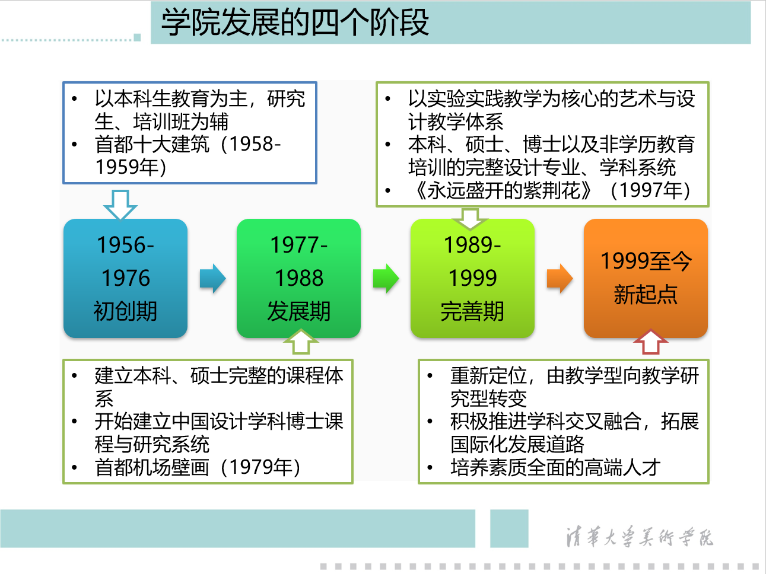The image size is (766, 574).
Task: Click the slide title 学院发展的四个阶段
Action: (295, 23)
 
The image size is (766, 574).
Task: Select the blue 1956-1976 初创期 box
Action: (125, 278)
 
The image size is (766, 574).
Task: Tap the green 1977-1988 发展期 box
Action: (298, 278)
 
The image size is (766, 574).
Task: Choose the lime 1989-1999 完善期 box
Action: (472, 278)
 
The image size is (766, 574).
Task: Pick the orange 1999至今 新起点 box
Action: (646, 278)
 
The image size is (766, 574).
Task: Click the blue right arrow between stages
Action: (213, 279)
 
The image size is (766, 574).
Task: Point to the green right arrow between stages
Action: (386, 279)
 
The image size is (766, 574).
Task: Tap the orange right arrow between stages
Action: (560, 279)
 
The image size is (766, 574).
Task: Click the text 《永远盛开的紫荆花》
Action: (503, 190)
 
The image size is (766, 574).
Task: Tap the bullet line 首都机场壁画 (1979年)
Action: (198, 467)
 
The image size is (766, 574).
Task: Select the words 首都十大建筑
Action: (152, 144)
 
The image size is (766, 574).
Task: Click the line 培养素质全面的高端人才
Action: (555, 467)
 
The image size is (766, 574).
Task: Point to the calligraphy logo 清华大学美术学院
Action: (640, 536)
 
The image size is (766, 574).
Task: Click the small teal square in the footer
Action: (509, 528)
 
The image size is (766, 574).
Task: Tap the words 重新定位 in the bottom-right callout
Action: (488, 375)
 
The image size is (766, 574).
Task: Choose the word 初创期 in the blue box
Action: (125, 311)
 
